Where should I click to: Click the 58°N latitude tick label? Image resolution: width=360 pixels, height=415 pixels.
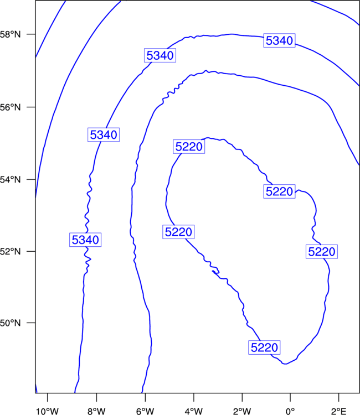point(10,34)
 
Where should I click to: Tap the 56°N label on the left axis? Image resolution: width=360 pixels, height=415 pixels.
point(10,107)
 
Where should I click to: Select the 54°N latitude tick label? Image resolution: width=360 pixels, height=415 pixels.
point(10,180)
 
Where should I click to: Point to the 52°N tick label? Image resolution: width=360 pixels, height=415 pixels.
point(10,251)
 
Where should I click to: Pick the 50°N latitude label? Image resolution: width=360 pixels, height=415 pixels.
point(10,323)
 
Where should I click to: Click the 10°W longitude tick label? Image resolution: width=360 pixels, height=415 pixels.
point(48,411)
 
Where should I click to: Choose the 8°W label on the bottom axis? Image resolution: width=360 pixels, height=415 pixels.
point(96,411)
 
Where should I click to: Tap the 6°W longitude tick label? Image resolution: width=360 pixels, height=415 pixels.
point(145,411)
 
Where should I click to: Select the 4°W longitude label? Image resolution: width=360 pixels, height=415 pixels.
point(194,411)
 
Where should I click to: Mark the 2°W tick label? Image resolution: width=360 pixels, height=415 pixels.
point(242,411)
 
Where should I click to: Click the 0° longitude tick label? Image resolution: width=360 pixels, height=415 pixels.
point(290,411)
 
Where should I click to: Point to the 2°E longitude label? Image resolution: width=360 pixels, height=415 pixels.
point(339,411)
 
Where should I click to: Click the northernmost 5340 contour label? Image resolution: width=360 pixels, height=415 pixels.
point(279,40)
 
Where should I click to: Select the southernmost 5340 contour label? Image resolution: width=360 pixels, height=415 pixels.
point(85,240)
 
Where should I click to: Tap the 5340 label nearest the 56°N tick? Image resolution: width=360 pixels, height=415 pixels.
point(104,134)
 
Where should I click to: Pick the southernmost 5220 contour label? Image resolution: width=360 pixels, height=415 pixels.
point(264,347)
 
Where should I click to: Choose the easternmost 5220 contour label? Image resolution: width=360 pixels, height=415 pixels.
point(322,251)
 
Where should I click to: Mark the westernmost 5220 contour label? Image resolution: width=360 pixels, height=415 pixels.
point(178,232)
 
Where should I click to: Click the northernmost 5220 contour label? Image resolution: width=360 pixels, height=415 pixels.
point(189,147)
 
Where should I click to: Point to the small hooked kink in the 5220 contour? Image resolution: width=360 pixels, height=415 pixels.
point(216,271)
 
